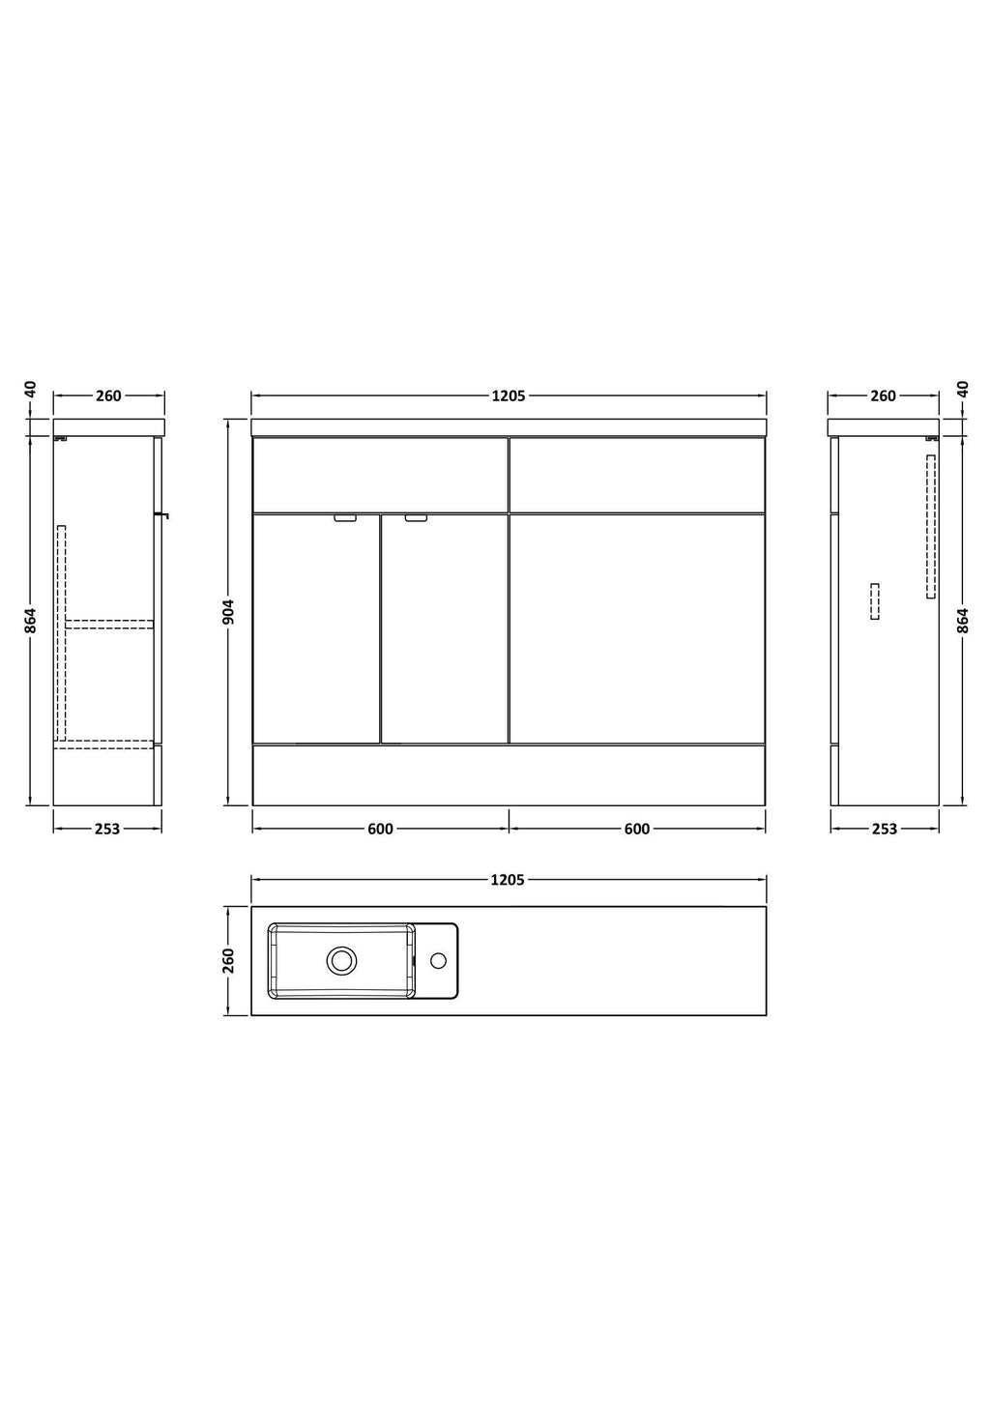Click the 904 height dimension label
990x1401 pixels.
[x=228, y=612]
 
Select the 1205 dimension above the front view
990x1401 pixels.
[x=509, y=395]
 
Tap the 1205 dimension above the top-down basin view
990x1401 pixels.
[x=508, y=880]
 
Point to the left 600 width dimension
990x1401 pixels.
[x=380, y=829]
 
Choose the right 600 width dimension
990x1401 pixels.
[x=637, y=829]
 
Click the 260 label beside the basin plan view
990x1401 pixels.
[x=228, y=961]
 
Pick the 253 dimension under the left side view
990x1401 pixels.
[x=107, y=829]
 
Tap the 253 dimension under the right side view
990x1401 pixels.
[x=885, y=829]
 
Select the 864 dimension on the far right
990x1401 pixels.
[x=963, y=620]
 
